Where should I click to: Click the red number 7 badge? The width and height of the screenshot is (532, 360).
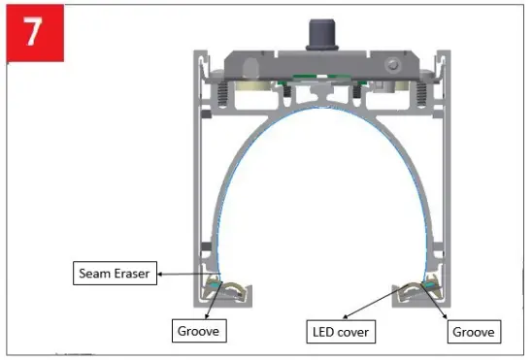point(33,31)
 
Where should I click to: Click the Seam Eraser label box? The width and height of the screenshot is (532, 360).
point(114,274)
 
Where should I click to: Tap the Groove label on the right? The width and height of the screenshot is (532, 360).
point(473,332)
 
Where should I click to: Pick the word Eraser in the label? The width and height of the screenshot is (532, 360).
point(131,274)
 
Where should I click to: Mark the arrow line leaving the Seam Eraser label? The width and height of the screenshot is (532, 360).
point(184,275)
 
